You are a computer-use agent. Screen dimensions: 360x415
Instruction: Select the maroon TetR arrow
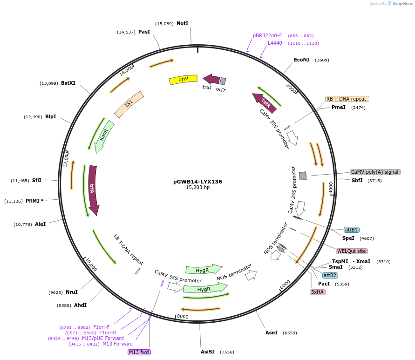pyautogui.click(x=265, y=102)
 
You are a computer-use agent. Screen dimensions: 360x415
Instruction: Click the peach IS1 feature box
pyautogui.click(x=129, y=103)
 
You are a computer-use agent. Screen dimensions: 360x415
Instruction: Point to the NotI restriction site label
pyautogui.click(x=182, y=23)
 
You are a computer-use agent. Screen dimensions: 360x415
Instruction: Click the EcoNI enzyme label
pyautogui.click(x=301, y=60)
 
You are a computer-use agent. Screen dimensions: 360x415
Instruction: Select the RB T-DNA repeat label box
pyautogui.click(x=347, y=99)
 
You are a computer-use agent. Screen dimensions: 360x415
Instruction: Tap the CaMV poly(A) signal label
pyautogui.click(x=375, y=172)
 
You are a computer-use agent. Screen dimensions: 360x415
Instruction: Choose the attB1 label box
pyautogui.click(x=351, y=230)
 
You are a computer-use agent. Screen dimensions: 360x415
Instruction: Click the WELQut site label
pyautogui.click(x=352, y=251)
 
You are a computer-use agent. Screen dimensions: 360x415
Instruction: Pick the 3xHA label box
pyautogui.click(x=318, y=292)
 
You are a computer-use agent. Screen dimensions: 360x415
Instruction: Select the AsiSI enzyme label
pyautogui.click(x=208, y=352)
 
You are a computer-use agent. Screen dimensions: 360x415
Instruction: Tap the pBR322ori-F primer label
pyautogui.click(x=267, y=35)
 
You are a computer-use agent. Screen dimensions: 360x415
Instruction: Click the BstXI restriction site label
pyautogui.click(x=68, y=83)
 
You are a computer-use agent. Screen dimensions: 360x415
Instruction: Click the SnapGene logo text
pyautogui.click(x=402, y=4)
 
